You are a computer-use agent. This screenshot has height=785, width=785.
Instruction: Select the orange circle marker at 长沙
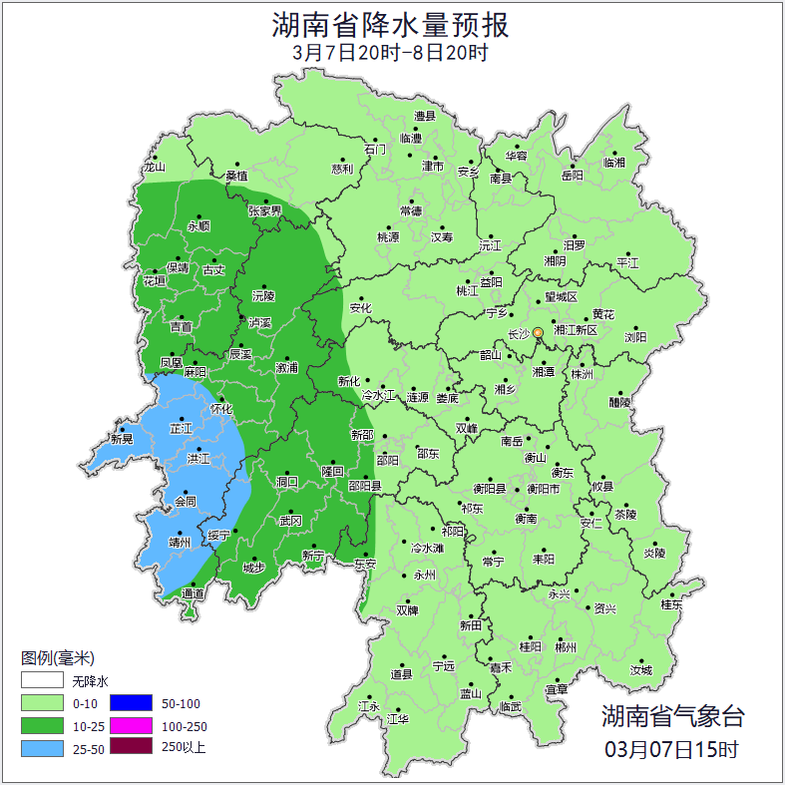(x=539, y=332)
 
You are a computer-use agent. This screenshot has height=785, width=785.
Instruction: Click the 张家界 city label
(x=265, y=211)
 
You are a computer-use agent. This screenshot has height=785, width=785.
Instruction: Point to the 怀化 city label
(x=221, y=409)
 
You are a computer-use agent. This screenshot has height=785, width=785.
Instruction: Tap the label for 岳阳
(x=572, y=176)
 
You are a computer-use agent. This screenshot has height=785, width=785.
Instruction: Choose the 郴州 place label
(x=566, y=646)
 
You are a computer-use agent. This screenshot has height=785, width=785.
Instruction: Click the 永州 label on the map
(x=425, y=576)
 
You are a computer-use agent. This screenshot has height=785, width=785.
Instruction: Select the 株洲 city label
(x=582, y=375)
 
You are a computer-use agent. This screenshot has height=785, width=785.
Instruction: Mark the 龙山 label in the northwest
(x=154, y=168)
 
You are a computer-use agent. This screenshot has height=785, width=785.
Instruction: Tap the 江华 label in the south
(x=398, y=719)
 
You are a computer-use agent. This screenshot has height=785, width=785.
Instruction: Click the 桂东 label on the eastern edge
(x=672, y=604)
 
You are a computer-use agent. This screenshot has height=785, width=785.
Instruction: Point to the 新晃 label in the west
(x=122, y=439)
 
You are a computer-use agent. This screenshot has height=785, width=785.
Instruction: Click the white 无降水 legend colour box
(x=41, y=681)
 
